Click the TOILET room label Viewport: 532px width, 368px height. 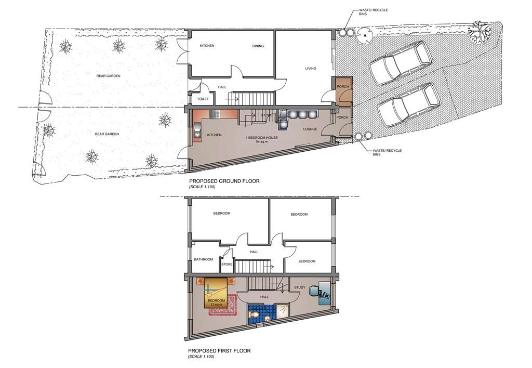pyautogui.click(x=203, y=99)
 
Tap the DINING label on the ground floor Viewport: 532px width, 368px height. pyautogui.click(x=258, y=46)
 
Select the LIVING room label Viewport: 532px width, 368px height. pyautogui.click(x=311, y=68)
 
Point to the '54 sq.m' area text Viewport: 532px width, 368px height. pyautogui.click(x=262, y=141)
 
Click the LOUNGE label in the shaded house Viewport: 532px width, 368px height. pyautogui.click(x=310, y=129)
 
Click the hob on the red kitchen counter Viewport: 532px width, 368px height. pyautogui.click(x=215, y=114)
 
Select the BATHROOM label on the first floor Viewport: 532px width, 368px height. pyautogui.click(x=204, y=259)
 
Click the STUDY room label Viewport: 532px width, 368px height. pyautogui.click(x=300, y=287)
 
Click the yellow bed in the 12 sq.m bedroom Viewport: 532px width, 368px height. pyautogui.click(x=216, y=293)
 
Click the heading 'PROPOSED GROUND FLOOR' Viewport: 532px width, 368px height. pyautogui.click(x=224, y=181)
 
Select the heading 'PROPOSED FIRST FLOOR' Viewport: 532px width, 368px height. pyautogui.click(x=220, y=351)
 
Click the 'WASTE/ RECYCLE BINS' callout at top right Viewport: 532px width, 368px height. pyautogui.click(x=373, y=12)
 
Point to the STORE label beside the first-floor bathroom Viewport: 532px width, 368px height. pyautogui.click(x=227, y=264)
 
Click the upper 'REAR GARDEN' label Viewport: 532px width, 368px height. pyautogui.click(x=108, y=76)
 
